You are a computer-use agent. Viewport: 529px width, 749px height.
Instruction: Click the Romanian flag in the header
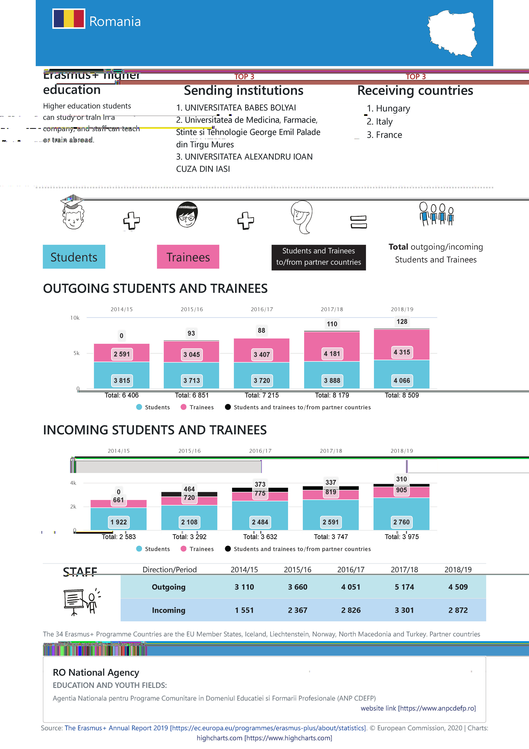pyautogui.click(x=69, y=19)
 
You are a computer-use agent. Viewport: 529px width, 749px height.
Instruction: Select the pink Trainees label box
pyautogui.click(x=188, y=257)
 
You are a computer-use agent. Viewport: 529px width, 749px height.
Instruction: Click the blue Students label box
pyautogui.click(x=74, y=257)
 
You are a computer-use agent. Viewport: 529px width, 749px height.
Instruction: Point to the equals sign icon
pyautogui.click(x=359, y=222)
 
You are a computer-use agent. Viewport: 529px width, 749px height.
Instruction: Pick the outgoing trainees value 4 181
pyautogui.click(x=332, y=354)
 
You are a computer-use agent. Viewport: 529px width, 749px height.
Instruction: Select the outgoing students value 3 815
pyautogui.click(x=122, y=380)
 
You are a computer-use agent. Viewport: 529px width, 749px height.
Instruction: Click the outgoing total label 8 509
pyautogui.click(x=402, y=395)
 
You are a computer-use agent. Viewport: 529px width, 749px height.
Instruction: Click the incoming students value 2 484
pyautogui.click(x=260, y=522)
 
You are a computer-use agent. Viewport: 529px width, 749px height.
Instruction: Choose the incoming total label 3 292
pyautogui.click(x=189, y=537)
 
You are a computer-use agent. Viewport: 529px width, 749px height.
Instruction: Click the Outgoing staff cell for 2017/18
pyautogui.click(x=404, y=587)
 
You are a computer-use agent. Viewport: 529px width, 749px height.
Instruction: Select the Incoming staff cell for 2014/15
pyautogui.click(x=244, y=610)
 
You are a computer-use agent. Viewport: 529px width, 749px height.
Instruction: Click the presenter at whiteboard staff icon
pyautogui.click(x=81, y=602)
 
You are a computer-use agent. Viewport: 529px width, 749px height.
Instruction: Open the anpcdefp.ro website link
pyautogui.click(x=418, y=708)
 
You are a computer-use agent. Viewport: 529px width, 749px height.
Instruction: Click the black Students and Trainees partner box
pyautogui.click(x=318, y=257)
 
